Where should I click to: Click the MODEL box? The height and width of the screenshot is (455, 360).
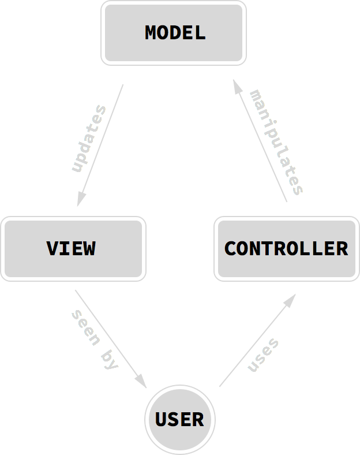[x=174, y=33]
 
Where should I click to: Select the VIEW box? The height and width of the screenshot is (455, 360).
[x=73, y=249]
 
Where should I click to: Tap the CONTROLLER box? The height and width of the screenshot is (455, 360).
[x=286, y=249]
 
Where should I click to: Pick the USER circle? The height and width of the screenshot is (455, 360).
[x=179, y=419]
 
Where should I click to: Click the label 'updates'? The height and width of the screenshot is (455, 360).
[x=89, y=139]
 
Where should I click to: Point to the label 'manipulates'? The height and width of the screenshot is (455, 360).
[x=276, y=142]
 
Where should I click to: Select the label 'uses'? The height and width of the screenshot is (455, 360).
[x=263, y=355]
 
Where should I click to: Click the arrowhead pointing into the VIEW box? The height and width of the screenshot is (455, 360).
[x=81, y=199]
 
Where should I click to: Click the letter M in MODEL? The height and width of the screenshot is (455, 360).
[x=152, y=33]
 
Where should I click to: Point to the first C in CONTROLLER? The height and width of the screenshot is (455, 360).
[x=230, y=249]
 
